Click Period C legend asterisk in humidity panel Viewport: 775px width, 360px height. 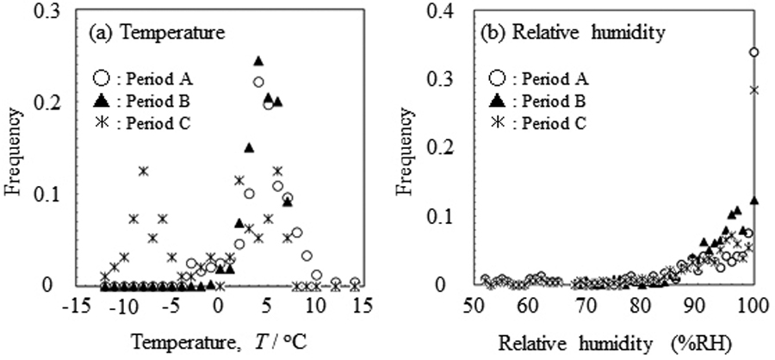(x=497, y=123)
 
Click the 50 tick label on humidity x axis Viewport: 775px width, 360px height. (x=473, y=306)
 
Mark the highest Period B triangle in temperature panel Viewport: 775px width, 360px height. (x=258, y=60)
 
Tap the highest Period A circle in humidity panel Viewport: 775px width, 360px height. (x=754, y=52)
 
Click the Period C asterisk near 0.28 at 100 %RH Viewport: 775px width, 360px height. (x=754, y=90)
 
